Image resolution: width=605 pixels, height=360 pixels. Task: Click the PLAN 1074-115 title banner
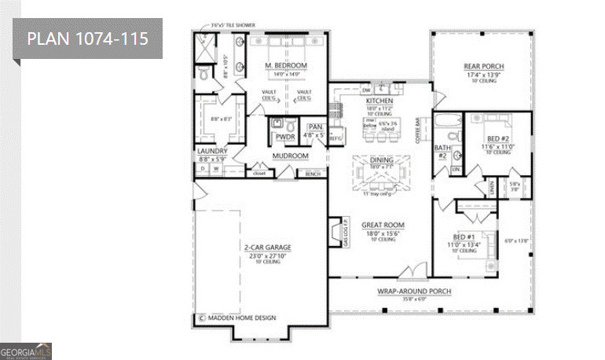click(87, 39)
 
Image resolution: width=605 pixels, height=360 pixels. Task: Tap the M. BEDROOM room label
click(285, 65)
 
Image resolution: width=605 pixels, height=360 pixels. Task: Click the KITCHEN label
click(379, 101)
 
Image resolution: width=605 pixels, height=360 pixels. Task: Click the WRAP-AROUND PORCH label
click(414, 291)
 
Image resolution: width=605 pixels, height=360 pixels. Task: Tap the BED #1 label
click(463, 236)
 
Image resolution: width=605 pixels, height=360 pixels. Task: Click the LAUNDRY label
click(212, 151)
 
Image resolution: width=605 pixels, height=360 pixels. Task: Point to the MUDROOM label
click(289, 156)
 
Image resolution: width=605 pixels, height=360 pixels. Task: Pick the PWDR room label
click(284, 137)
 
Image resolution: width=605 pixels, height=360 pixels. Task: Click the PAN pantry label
click(315, 127)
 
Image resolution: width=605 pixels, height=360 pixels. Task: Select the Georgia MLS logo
click(26, 350)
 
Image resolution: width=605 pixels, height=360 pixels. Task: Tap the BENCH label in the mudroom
click(313, 173)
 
